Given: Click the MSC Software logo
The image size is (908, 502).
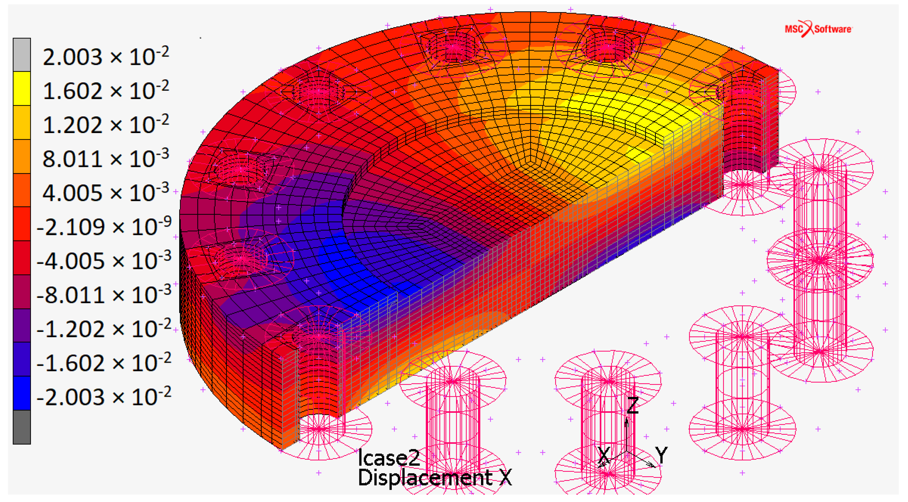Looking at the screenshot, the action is pos(818,29).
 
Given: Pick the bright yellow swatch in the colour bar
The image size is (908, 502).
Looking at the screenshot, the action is pos(22,88).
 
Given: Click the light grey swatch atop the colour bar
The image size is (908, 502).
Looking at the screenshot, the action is pos(22,55).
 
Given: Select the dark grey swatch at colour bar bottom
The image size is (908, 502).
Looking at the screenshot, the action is pos(22,427).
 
